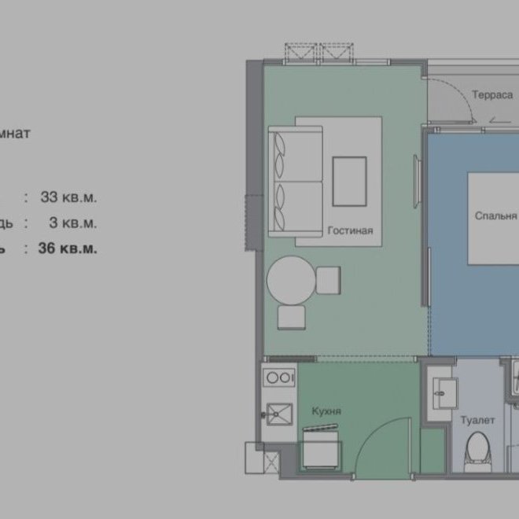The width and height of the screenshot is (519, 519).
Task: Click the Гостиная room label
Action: tap(351, 230)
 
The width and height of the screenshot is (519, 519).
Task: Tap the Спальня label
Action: tap(495, 215)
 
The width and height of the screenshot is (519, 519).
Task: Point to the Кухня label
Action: tap(326, 411)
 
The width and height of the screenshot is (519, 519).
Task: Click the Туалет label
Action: tap(477, 421)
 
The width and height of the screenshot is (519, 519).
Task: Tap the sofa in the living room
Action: tap(296, 182)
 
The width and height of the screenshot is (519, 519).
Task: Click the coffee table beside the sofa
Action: tap(349, 181)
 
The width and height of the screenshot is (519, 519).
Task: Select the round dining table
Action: tap(291, 279)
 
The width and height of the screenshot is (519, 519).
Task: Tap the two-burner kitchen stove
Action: tap(278, 377)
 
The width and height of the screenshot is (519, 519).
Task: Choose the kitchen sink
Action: tap(278, 412)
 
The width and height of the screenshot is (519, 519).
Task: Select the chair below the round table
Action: tap(292, 317)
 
